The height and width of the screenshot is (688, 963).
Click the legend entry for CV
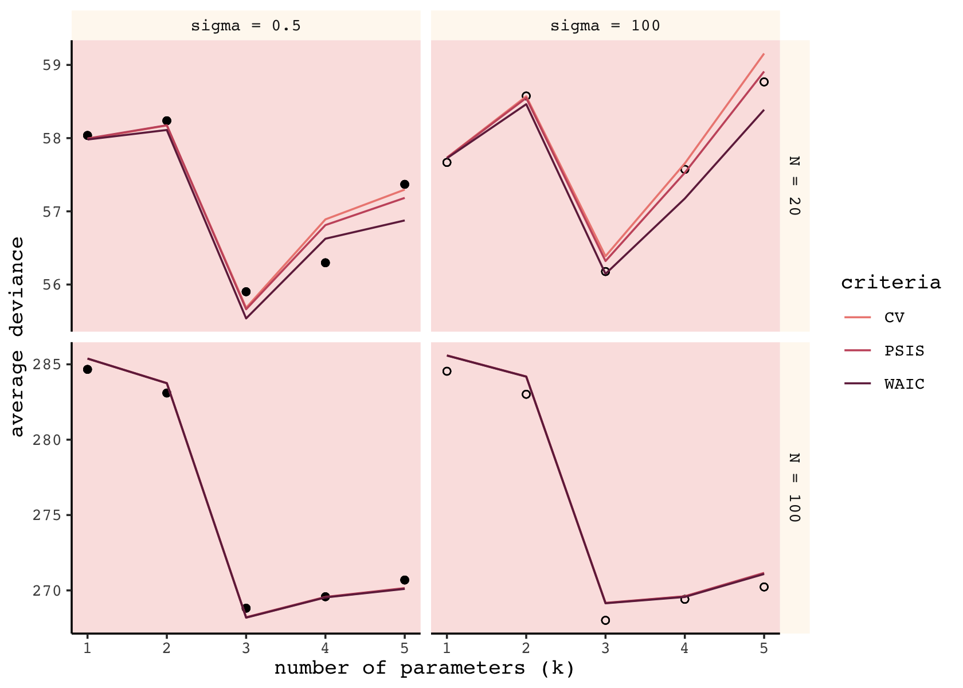pos(894,318)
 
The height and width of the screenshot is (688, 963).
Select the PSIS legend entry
pos(904,351)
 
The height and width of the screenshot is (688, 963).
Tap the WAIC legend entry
pos(904,384)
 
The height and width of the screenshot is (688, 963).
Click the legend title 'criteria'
pos(891,283)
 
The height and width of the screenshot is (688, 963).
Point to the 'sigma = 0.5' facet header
pos(246,26)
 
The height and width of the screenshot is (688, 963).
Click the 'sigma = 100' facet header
pos(605,26)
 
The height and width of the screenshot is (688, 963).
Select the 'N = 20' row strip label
pos(794,186)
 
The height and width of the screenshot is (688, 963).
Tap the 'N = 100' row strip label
pos(794,487)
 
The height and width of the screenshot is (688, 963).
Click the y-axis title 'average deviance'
pos(17,337)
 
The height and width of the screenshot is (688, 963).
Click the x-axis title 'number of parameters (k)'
pos(425,669)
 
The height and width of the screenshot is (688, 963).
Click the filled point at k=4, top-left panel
pos(326,263)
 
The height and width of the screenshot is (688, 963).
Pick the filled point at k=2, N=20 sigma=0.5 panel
pos(167,120)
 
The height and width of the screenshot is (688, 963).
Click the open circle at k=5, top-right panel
pos(764,82)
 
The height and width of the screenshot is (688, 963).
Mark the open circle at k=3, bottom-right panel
pos(605,620)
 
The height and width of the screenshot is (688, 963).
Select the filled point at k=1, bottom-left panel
pos(87,369)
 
